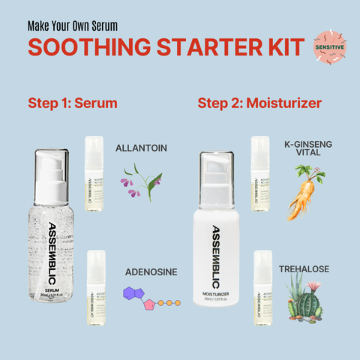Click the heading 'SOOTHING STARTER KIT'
pos(166,46)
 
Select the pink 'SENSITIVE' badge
pos(329,46)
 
